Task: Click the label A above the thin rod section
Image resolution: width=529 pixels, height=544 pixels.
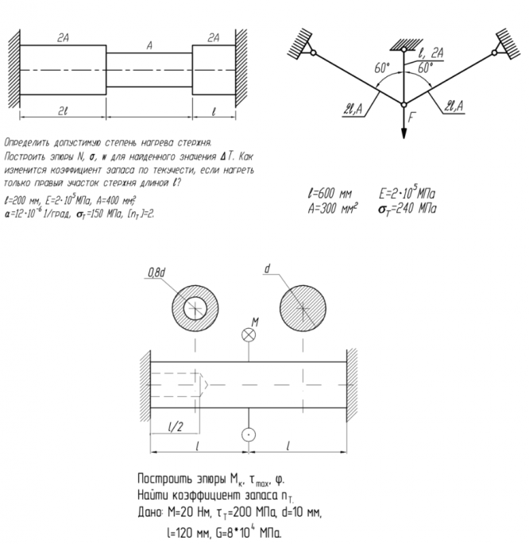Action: click(x=149, y=46)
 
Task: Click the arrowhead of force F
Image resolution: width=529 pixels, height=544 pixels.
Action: click(x=404, y=136)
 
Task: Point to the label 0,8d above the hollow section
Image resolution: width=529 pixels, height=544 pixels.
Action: click(x=156, y=272)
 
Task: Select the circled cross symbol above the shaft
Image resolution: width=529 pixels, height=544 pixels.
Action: click(x=249, y=335)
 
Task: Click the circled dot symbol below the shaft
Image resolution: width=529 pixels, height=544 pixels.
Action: click(x=249, y=434)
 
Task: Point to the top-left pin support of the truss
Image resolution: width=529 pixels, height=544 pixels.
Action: click(x=315, y=53)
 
